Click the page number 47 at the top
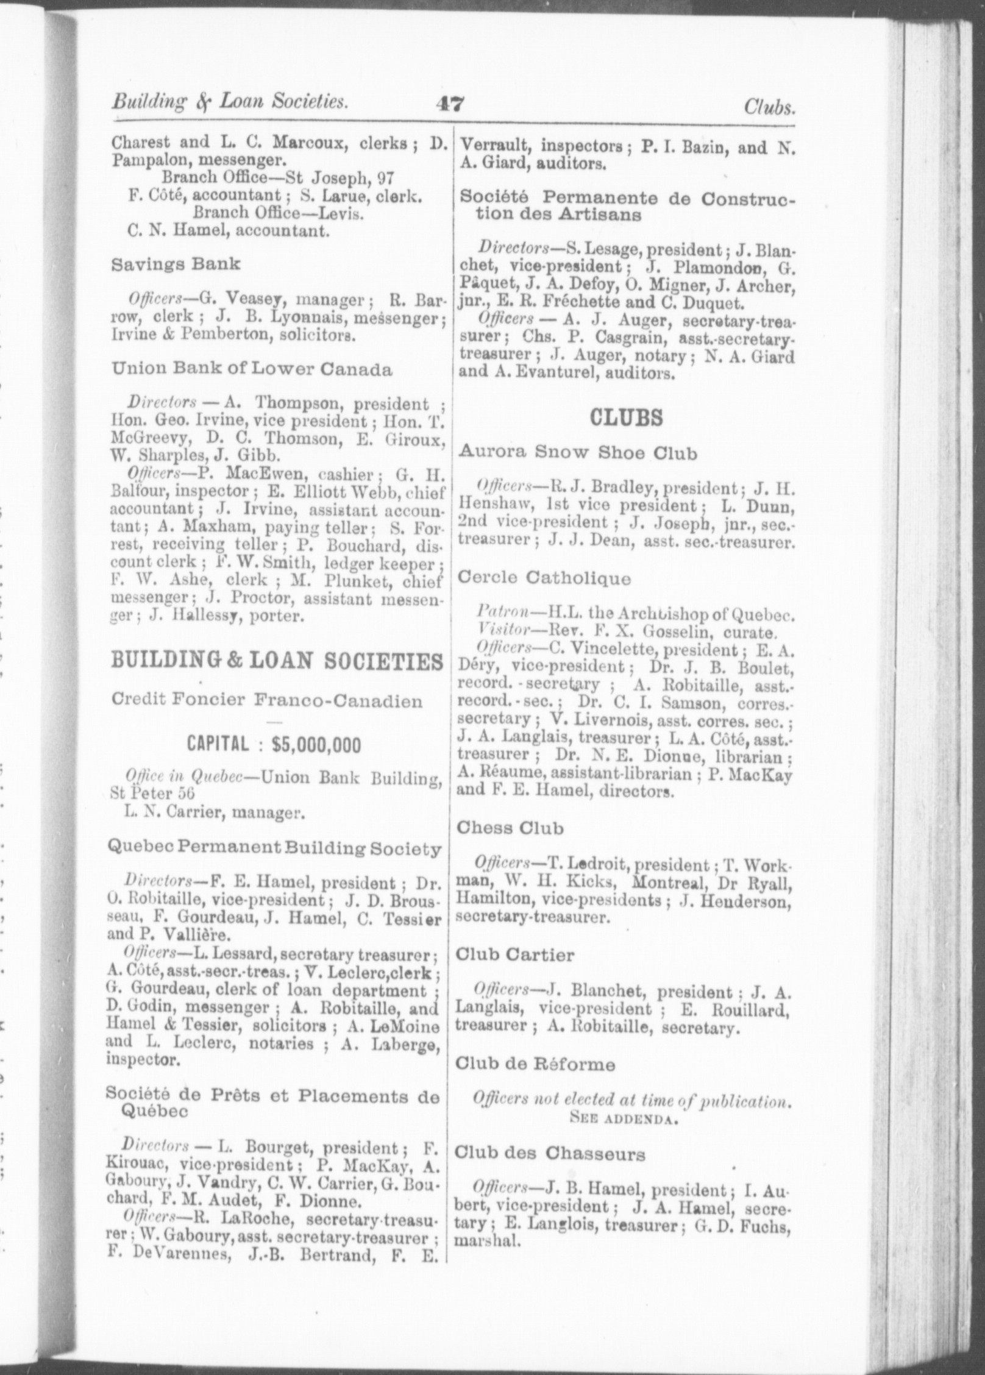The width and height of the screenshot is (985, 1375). point(450,105)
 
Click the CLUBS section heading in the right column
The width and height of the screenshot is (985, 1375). point(625,417)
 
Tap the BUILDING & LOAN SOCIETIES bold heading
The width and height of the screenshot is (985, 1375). point(277,662)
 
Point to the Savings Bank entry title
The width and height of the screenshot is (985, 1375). point(176,264)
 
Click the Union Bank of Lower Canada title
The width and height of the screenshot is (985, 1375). point(252,369)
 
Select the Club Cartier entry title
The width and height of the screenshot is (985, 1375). point(514,954)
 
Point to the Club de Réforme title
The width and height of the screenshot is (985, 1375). point(535,1064)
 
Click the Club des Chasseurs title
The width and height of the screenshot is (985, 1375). point(550,1153)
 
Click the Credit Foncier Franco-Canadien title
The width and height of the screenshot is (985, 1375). point(267,700)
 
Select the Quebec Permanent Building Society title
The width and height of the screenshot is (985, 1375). point(273,848)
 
